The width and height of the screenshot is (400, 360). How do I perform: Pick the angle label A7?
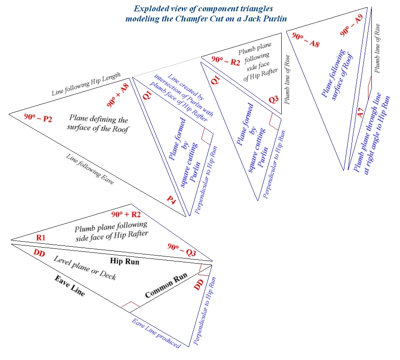(360, 113)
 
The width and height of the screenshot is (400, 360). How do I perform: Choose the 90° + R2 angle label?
(126, 215)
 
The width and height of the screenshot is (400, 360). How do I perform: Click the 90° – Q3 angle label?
(182, 248)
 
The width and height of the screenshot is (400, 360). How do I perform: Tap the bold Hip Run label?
(125, 261)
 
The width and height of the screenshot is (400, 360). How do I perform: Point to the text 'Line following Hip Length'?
(86, 85)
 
